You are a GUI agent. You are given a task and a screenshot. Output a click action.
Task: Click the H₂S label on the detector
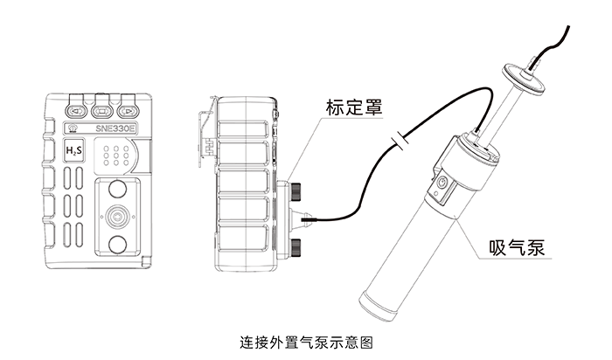coord(75,151)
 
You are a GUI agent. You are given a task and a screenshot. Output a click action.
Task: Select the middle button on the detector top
coord(103,111)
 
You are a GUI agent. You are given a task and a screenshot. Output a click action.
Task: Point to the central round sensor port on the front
coord(116,216)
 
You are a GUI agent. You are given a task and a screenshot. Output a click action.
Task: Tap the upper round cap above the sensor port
coord(116,188)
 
